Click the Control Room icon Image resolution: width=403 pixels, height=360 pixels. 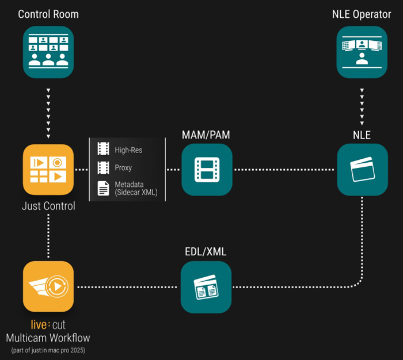point(48,52)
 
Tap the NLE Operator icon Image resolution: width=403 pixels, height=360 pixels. point(362,52)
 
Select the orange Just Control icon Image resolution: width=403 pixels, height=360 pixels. point(48,169)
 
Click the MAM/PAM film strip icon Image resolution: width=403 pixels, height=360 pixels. point(207,169)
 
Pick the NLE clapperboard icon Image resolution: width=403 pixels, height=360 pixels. point(362,169)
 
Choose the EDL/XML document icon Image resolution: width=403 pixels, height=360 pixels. point(206,286)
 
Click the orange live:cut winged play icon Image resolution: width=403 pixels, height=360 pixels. point(48,286)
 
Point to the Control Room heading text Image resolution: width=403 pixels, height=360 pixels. point(48,14)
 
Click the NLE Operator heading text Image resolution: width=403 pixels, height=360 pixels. point(362,14)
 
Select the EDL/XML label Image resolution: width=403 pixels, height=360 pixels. point(206,251)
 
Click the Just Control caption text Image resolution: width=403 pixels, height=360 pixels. point(48,206)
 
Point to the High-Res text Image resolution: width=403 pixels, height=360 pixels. point(128,150)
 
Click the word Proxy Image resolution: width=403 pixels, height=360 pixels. point(123,168)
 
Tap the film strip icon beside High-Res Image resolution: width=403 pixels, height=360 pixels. point(103,150)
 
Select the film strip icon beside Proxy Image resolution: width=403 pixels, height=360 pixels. point(103,168)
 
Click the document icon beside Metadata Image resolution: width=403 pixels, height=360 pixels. point(103,187)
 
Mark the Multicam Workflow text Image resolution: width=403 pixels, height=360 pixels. point(48,338)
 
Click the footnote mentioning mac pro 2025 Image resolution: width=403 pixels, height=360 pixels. point(48,350)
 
